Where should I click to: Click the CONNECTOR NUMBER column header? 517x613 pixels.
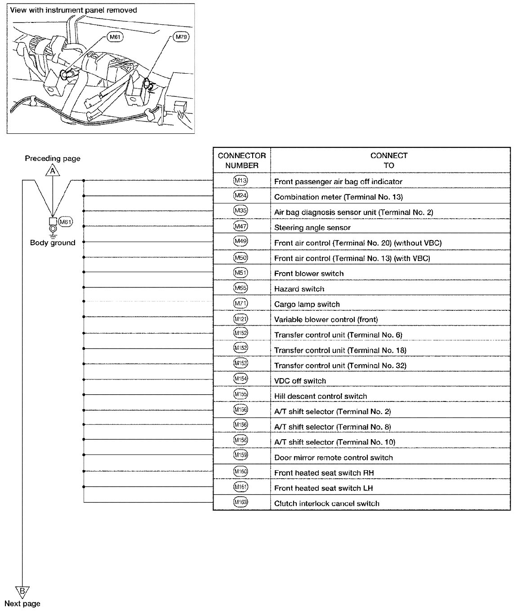pyautogui.click(x=242, y=160)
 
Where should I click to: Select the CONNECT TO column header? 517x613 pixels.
pyautogui.click(x=389, y=160)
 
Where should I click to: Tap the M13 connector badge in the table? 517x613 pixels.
pyautogui.click(x=241, y=181)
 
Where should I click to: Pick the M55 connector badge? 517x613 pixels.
pyautogui.click(x=241, y=288)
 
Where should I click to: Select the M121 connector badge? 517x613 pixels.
pyautogui.click(x=241, y=319)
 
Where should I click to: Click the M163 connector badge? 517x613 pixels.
pyautogui.click(x=241, y=503)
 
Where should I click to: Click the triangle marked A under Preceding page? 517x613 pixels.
pyautogui.click(x=53, y=171)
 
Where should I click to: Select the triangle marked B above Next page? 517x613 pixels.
pyautogui.click(x=21, y=591)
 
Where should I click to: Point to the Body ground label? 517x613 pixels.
pyautogui.click(x=53, y=243)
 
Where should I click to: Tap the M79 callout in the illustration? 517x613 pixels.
pyautogui.click(x=181, y=37)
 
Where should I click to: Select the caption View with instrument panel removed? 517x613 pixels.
pyautogui.click(x=73, y=10)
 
